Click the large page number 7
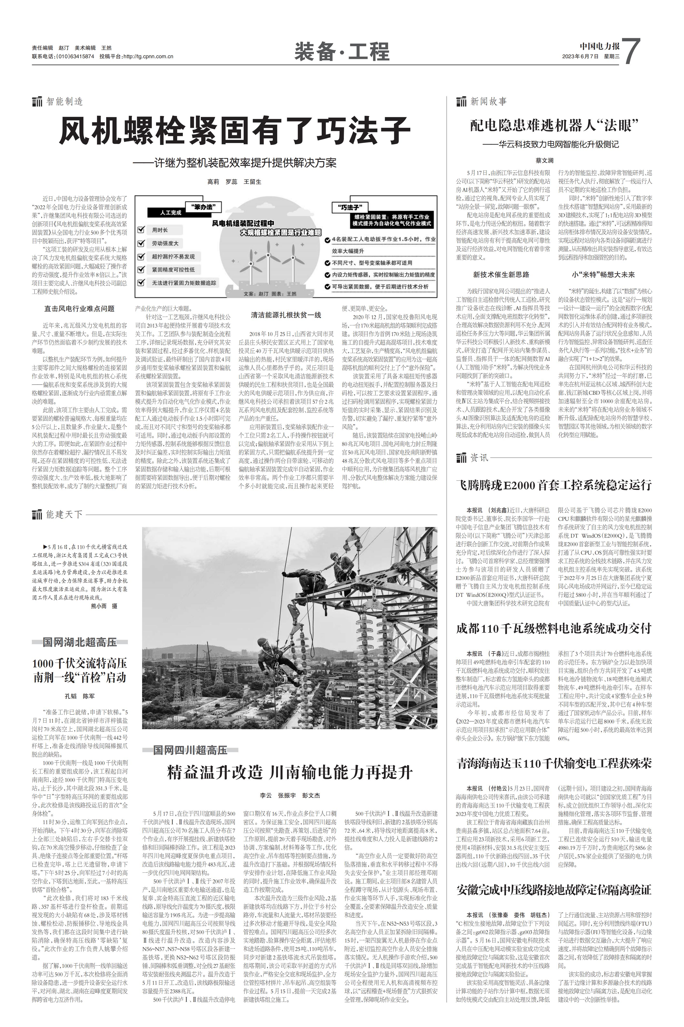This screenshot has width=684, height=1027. [631, 51]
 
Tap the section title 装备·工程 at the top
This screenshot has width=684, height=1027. [342, 51]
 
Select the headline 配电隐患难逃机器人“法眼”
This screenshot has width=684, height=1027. [554, 126]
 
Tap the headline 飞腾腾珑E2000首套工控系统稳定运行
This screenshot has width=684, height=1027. [554, 485]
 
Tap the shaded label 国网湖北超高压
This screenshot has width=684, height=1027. [80, 642]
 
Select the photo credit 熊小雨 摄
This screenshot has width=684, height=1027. [104, 606]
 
